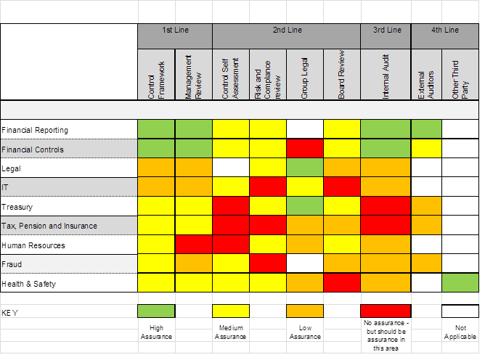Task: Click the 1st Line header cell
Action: (x=175, y=30)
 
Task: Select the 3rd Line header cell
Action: (x=386, y=30)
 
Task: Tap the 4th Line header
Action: (x=444, y=30)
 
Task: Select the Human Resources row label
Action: (x=33, y=245)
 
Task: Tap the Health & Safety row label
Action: (x=29, y=284)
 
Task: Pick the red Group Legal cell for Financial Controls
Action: (x=305, y=149)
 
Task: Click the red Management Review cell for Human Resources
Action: (x=194, y=245)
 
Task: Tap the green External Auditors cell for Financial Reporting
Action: (x=427, y=130)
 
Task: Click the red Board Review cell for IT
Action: (x=342, y=187)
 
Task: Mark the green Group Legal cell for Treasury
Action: (x=305, y=206)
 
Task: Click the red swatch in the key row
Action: (x=386, y=311)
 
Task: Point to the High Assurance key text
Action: (x=157, y=332)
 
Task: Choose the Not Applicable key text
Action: (x=460, y=332)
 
